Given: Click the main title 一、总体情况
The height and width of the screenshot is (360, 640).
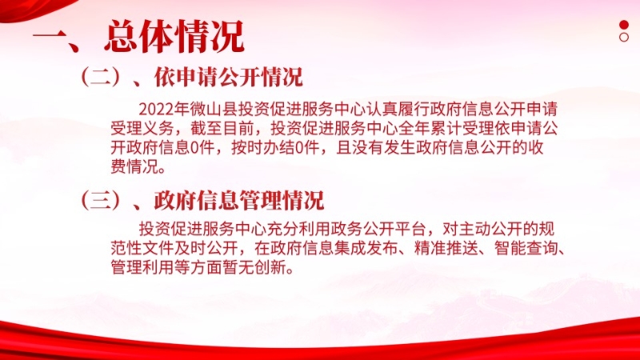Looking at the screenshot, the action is [x=138, y=37].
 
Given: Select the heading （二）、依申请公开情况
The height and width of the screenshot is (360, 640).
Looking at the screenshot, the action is [x=191, y=77].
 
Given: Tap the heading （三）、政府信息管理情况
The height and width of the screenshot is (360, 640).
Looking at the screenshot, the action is [x=202, y=201].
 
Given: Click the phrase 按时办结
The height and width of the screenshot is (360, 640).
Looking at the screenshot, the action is [x=263, y=148].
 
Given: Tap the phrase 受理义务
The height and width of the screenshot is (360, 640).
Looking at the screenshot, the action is [x=142, y=129].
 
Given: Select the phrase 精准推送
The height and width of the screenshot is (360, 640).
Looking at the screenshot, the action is [x=446, y=249].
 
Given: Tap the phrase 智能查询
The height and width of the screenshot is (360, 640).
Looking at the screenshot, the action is [x=526, y=249].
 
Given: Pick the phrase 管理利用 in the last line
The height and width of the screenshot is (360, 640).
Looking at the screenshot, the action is [x=142, y=268].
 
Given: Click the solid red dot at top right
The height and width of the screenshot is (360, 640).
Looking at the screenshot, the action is [x=624, y=25].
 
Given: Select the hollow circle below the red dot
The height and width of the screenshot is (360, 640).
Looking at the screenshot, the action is [x=624, y=37].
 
